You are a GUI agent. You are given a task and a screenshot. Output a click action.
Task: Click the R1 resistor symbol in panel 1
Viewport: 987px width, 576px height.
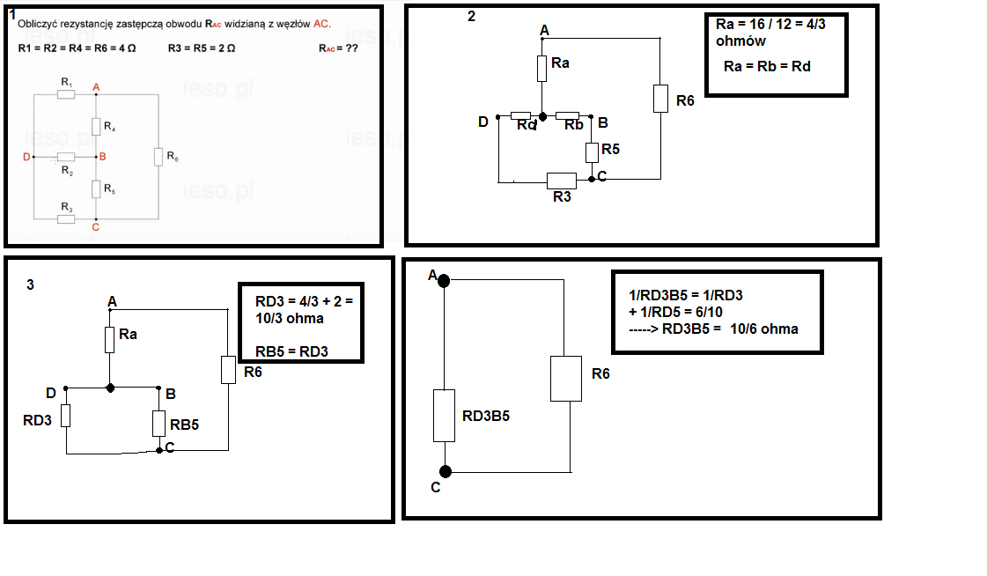[66, 94]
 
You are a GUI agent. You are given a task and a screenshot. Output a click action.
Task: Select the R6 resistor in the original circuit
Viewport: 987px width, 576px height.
[158, 157]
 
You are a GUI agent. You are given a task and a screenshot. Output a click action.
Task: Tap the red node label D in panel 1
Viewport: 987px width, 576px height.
[26, 157]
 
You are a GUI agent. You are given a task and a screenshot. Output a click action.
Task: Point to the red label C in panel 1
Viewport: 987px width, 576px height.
[96, 227]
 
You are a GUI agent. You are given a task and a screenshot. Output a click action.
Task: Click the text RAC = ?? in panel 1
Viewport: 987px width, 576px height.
[338, 48]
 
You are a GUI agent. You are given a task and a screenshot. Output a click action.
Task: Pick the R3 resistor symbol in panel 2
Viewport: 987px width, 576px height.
[562, 181]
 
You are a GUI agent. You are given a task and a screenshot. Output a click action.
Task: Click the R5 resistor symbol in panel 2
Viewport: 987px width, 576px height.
[592, 152]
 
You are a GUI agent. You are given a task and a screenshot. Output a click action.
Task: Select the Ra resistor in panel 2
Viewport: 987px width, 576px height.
[542, 69]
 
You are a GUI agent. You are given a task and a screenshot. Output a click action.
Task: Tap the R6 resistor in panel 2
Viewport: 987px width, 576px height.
[660, 99]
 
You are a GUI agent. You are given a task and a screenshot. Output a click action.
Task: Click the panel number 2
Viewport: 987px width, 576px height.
[471, 17]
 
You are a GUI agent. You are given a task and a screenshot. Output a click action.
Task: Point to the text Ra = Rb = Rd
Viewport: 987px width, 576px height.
[767, 66]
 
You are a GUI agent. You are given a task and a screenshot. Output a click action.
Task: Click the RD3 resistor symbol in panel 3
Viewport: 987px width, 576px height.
[65, 416]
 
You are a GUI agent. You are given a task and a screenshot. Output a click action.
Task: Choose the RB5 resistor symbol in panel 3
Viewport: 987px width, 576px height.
[158, 424]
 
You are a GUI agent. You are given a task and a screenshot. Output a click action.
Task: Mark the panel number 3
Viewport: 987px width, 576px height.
[30, 285]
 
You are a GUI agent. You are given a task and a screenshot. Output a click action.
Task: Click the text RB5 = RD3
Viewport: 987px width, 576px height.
[291, 351]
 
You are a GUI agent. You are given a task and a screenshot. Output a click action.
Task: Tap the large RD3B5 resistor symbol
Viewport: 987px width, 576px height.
[445, 416]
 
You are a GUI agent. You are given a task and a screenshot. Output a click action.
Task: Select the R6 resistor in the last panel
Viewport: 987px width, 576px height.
[566, 379]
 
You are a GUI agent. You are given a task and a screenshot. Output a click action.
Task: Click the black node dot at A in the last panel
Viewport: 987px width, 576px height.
[444, 281]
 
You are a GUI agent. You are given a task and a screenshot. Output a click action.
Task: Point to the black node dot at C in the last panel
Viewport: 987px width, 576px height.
[446, 471]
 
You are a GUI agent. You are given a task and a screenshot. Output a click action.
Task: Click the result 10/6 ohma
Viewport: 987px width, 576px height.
[764, 329]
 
